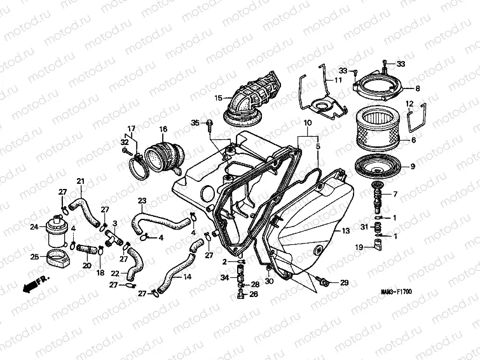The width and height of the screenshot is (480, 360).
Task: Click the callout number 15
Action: pos(218,99)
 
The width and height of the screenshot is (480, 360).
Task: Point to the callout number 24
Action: pos(34,227)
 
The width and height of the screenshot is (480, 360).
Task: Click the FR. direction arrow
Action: pos(35,284)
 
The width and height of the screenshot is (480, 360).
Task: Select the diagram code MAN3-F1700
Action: pos(396,291)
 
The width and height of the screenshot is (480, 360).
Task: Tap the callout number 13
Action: pos(346,230)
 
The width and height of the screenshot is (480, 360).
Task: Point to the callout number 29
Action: pos(345,282)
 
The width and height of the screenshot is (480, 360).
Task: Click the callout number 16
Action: pos(163,129)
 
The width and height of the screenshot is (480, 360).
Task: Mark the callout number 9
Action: pos(413,167)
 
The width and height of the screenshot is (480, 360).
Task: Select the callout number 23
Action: pos(142,201)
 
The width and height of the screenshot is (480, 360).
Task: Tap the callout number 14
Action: pos(188,277)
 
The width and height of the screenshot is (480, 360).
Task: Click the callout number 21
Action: pos(80,181)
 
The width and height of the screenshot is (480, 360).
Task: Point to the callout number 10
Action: pos(308,123)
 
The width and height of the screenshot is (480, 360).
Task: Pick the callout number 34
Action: pos(225,277)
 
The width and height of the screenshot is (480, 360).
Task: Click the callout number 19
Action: pos(359,247)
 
